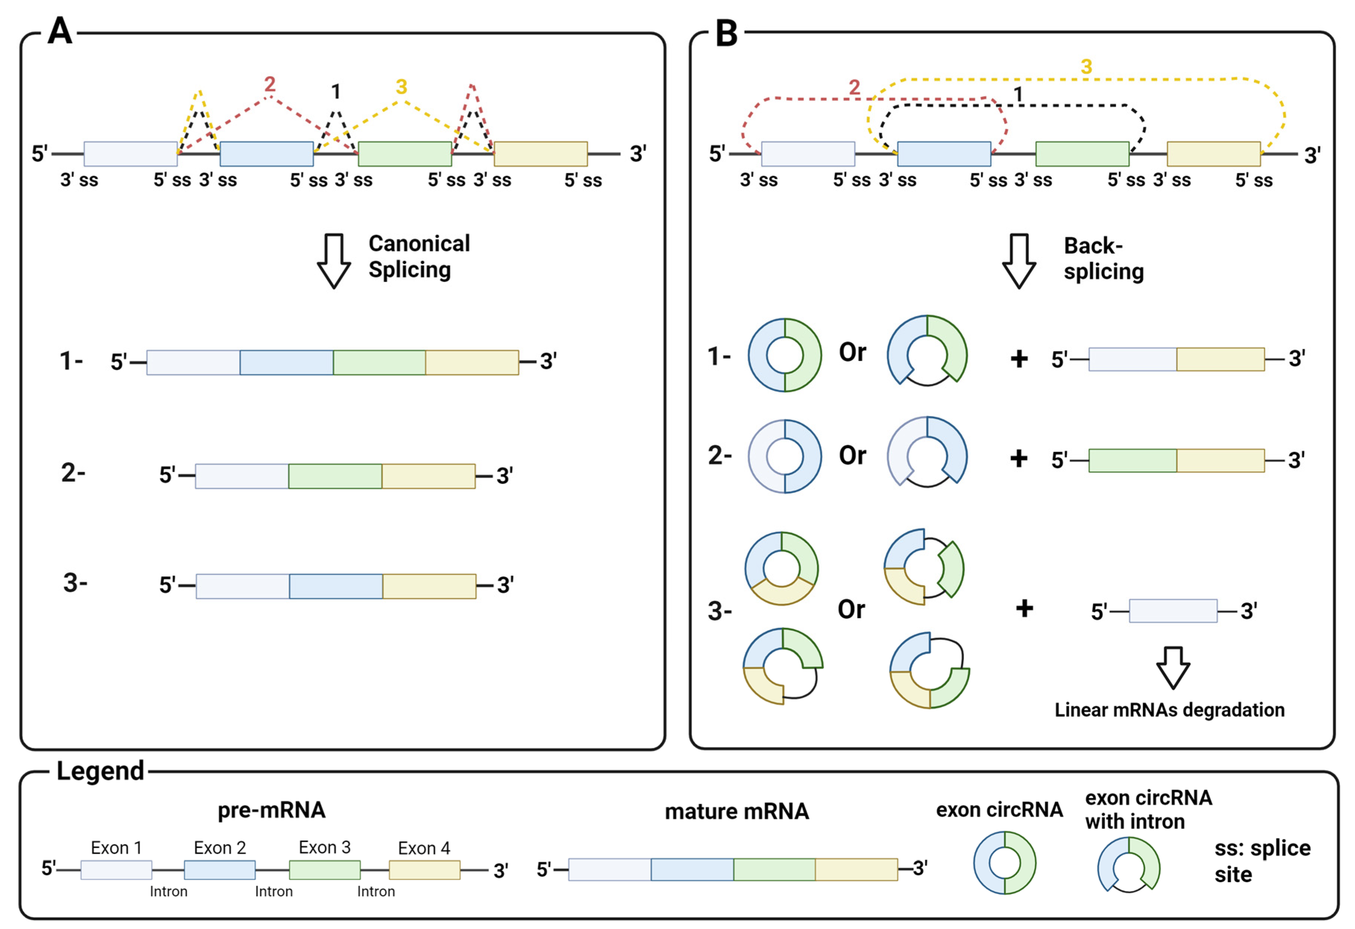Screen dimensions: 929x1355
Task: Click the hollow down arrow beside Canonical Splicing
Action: click(334, 261)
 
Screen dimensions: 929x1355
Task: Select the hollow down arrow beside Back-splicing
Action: click(1019, 261)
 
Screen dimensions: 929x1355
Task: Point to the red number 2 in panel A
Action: click(270, 85)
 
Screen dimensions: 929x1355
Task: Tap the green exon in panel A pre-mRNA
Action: click(404, 154)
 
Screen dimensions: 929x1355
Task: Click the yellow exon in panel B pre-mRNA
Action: click(1213, 154)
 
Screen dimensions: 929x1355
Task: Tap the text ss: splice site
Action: click(1262, 861)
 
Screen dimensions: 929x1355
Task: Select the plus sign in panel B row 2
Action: click(1019, 459)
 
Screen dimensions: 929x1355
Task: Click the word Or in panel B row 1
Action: click(853, 352)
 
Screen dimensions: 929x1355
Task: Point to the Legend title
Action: click(100, 771)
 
